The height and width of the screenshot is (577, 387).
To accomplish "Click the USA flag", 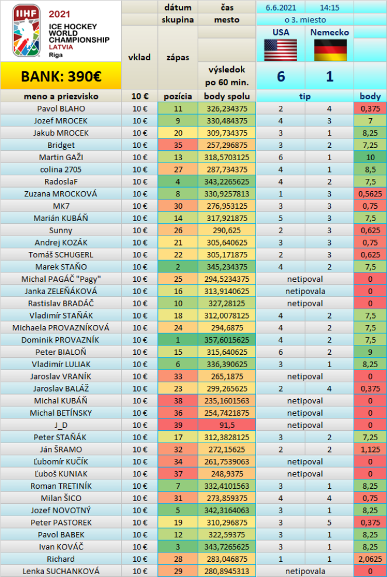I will [x=281, y=50].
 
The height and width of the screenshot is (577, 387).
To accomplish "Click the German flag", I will [x=330, y=50].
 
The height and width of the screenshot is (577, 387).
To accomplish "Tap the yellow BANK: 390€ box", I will [x=61, y=76].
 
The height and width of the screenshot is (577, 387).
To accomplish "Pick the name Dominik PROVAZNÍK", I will [x=61, y=339].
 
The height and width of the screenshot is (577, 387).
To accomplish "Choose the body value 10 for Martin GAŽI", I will [x=370, y=157].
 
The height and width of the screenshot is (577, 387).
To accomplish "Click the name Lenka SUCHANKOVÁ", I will [x=61, y=571].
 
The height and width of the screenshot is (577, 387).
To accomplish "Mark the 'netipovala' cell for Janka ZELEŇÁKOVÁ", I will [x=305, y=291].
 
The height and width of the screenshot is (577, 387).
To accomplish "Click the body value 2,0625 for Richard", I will [x=370, y=558].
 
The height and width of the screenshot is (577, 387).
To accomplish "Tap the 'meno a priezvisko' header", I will [x=61, y=96].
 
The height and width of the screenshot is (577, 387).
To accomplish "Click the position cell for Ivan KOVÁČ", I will [x=178, y=546].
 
